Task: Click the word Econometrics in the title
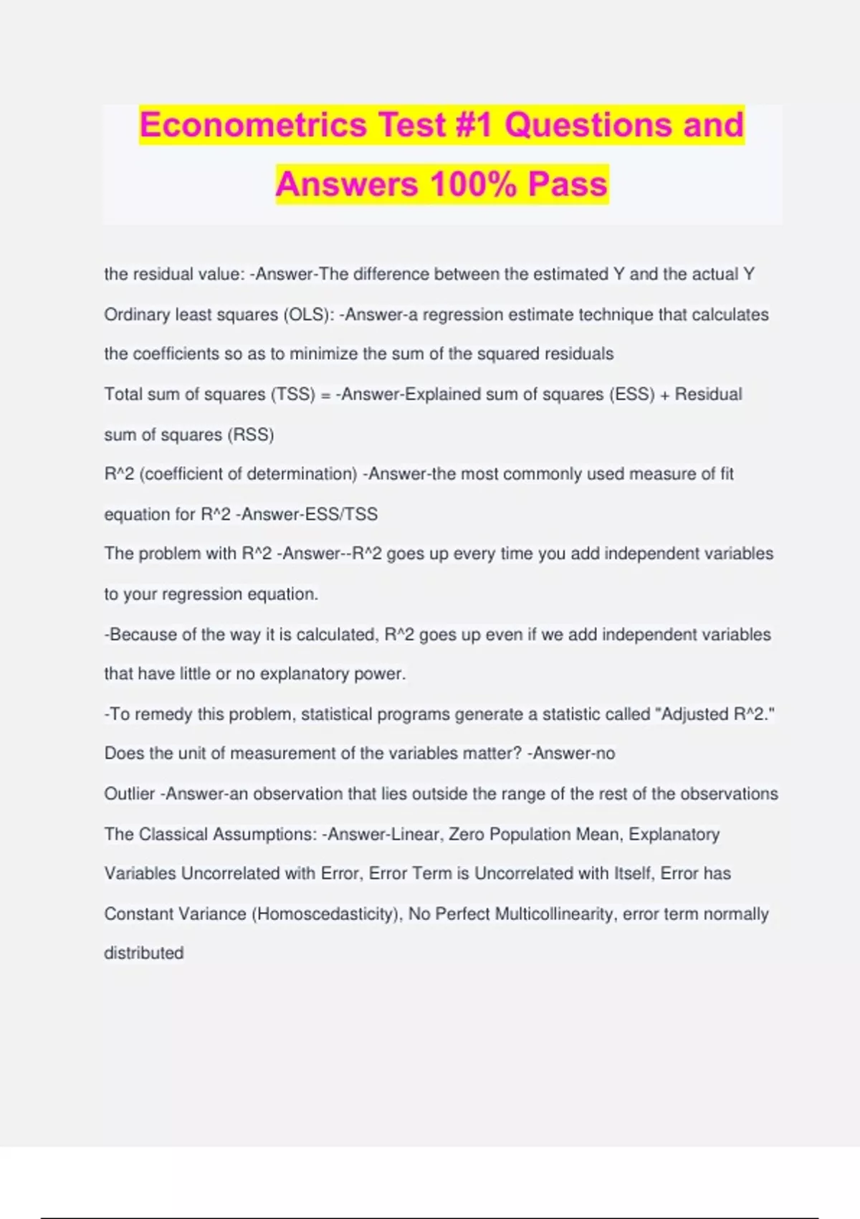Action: pyautogui.click(x=253, y=125)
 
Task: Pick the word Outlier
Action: pyautogui.click(x=129, y=794)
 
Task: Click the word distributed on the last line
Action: pyautogui.click(x=144, y=953)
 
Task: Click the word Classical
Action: pyautogui.click(x=171, y=834)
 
